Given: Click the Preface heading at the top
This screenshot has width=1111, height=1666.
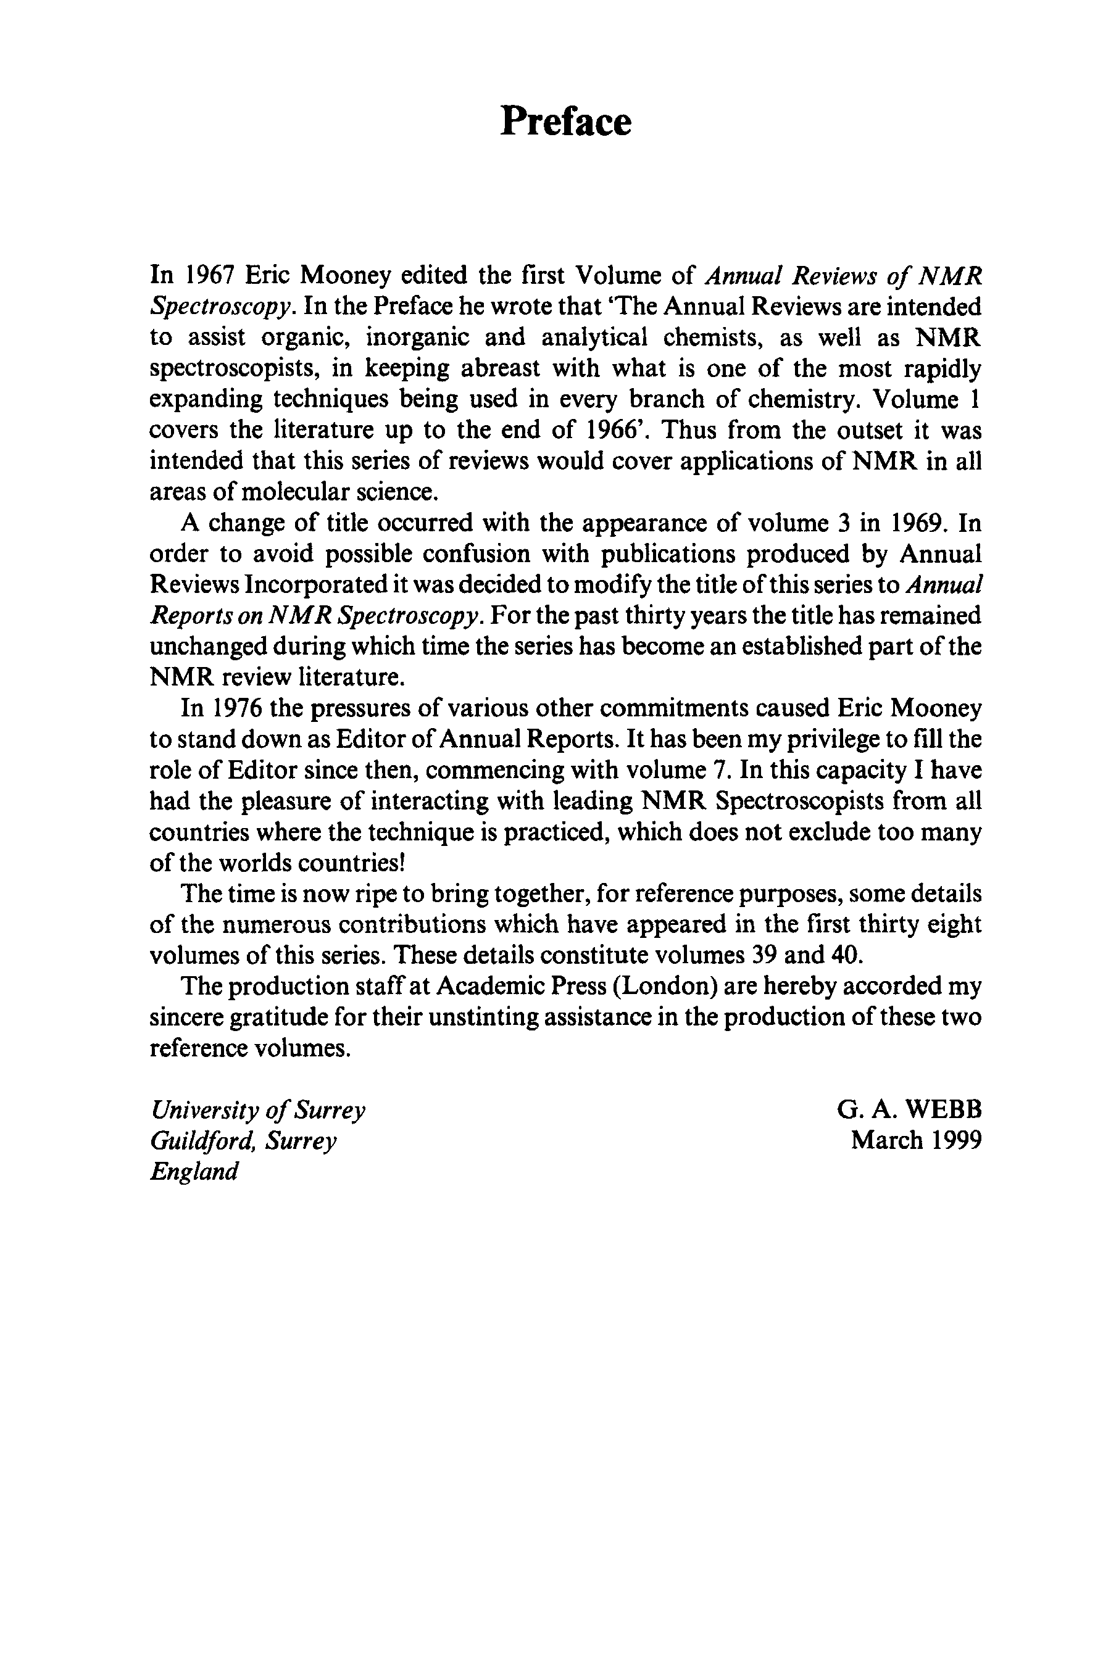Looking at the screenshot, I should [565, 121].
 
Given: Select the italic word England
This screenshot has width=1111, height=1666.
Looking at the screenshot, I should [193, 1172].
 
